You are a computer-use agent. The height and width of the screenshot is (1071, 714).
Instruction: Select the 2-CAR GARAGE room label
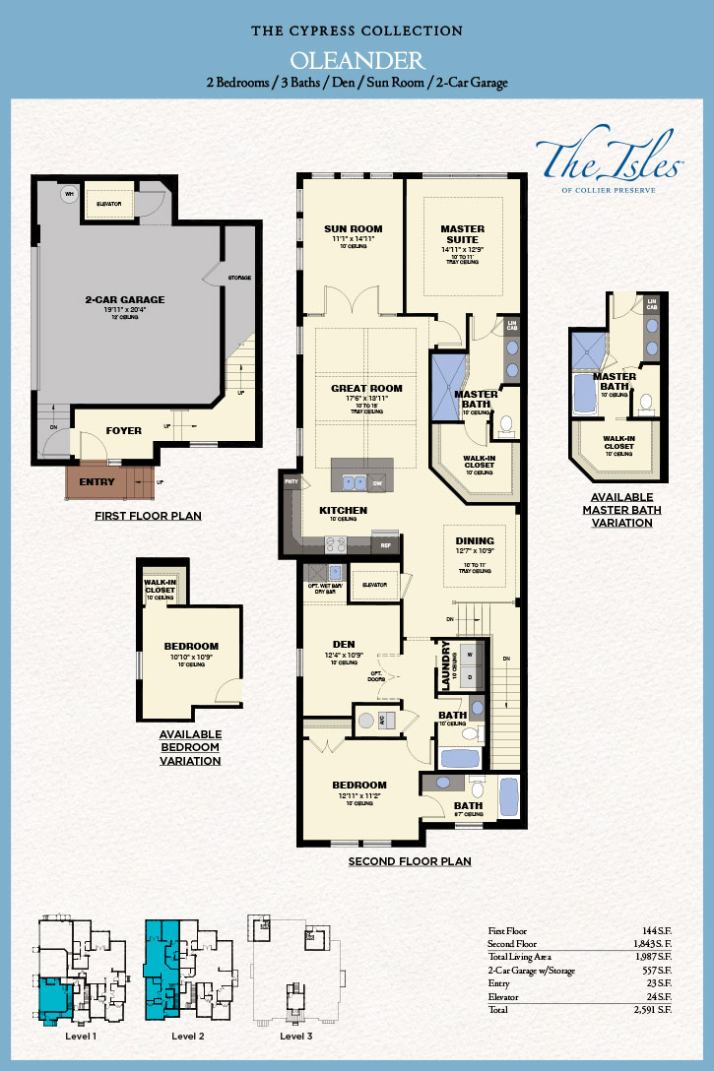125,299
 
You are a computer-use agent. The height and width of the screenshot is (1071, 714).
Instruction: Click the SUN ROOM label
353,229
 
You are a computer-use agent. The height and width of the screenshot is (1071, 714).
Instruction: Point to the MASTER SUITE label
462,234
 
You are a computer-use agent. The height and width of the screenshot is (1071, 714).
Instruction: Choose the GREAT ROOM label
366,388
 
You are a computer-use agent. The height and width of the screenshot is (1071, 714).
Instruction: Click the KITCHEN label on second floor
343,510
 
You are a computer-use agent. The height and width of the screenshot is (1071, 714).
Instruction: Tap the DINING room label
475,540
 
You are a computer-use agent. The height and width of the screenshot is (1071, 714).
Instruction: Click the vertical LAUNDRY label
446,665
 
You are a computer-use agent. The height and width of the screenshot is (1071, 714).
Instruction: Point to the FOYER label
124,430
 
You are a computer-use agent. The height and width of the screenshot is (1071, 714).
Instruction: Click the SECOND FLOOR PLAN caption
410,861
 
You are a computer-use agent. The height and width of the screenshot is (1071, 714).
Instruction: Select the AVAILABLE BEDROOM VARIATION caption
190,747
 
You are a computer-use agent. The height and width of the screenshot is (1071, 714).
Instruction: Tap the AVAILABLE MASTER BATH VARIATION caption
617,510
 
